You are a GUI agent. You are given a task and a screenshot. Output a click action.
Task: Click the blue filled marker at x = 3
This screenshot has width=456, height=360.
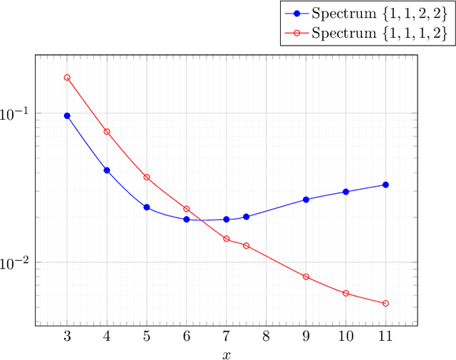67,115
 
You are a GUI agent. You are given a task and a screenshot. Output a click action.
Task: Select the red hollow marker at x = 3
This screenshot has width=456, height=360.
67,78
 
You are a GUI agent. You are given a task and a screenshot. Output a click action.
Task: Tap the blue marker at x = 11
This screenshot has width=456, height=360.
385,185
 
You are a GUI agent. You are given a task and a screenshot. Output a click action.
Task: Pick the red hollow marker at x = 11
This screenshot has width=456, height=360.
385,304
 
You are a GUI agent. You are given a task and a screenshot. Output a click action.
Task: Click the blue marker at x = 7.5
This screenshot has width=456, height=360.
247,217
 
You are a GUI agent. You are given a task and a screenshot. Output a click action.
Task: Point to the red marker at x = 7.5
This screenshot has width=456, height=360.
247,246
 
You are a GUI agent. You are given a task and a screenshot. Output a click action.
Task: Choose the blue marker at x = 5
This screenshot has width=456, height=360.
147,207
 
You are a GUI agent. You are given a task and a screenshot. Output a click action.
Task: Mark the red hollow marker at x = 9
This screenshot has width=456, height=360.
306,277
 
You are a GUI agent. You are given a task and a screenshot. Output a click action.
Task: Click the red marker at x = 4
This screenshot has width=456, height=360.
107,132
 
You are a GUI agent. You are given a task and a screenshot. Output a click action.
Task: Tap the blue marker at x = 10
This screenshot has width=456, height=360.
346,192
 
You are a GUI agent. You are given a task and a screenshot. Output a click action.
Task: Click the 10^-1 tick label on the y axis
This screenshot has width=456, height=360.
14,113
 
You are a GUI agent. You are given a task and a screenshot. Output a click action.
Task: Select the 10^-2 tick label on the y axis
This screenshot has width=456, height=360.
14,262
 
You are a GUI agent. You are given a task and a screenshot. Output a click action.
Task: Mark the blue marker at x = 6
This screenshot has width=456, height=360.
187,220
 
